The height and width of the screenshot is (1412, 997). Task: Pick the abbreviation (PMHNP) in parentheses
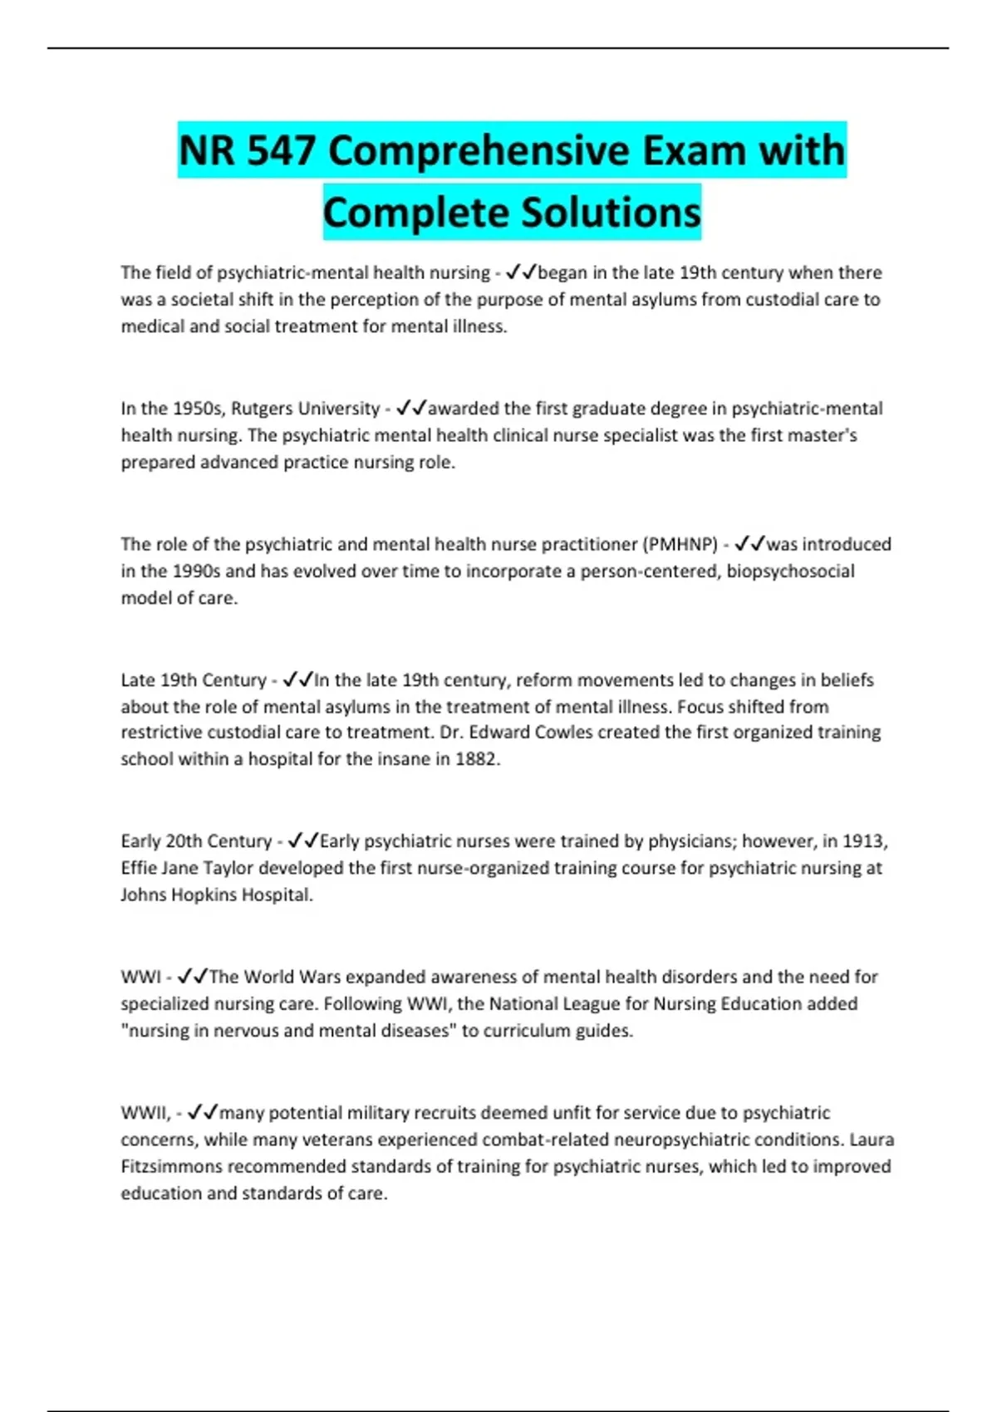pos(680,544)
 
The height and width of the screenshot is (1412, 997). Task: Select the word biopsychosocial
pos(790,571)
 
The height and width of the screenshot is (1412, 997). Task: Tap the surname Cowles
pos(563,733)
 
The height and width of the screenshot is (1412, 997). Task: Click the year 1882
pos(477,759)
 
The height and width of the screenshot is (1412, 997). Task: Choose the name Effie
pos(139,868)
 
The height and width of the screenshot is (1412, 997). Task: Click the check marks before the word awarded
pos(411,409)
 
